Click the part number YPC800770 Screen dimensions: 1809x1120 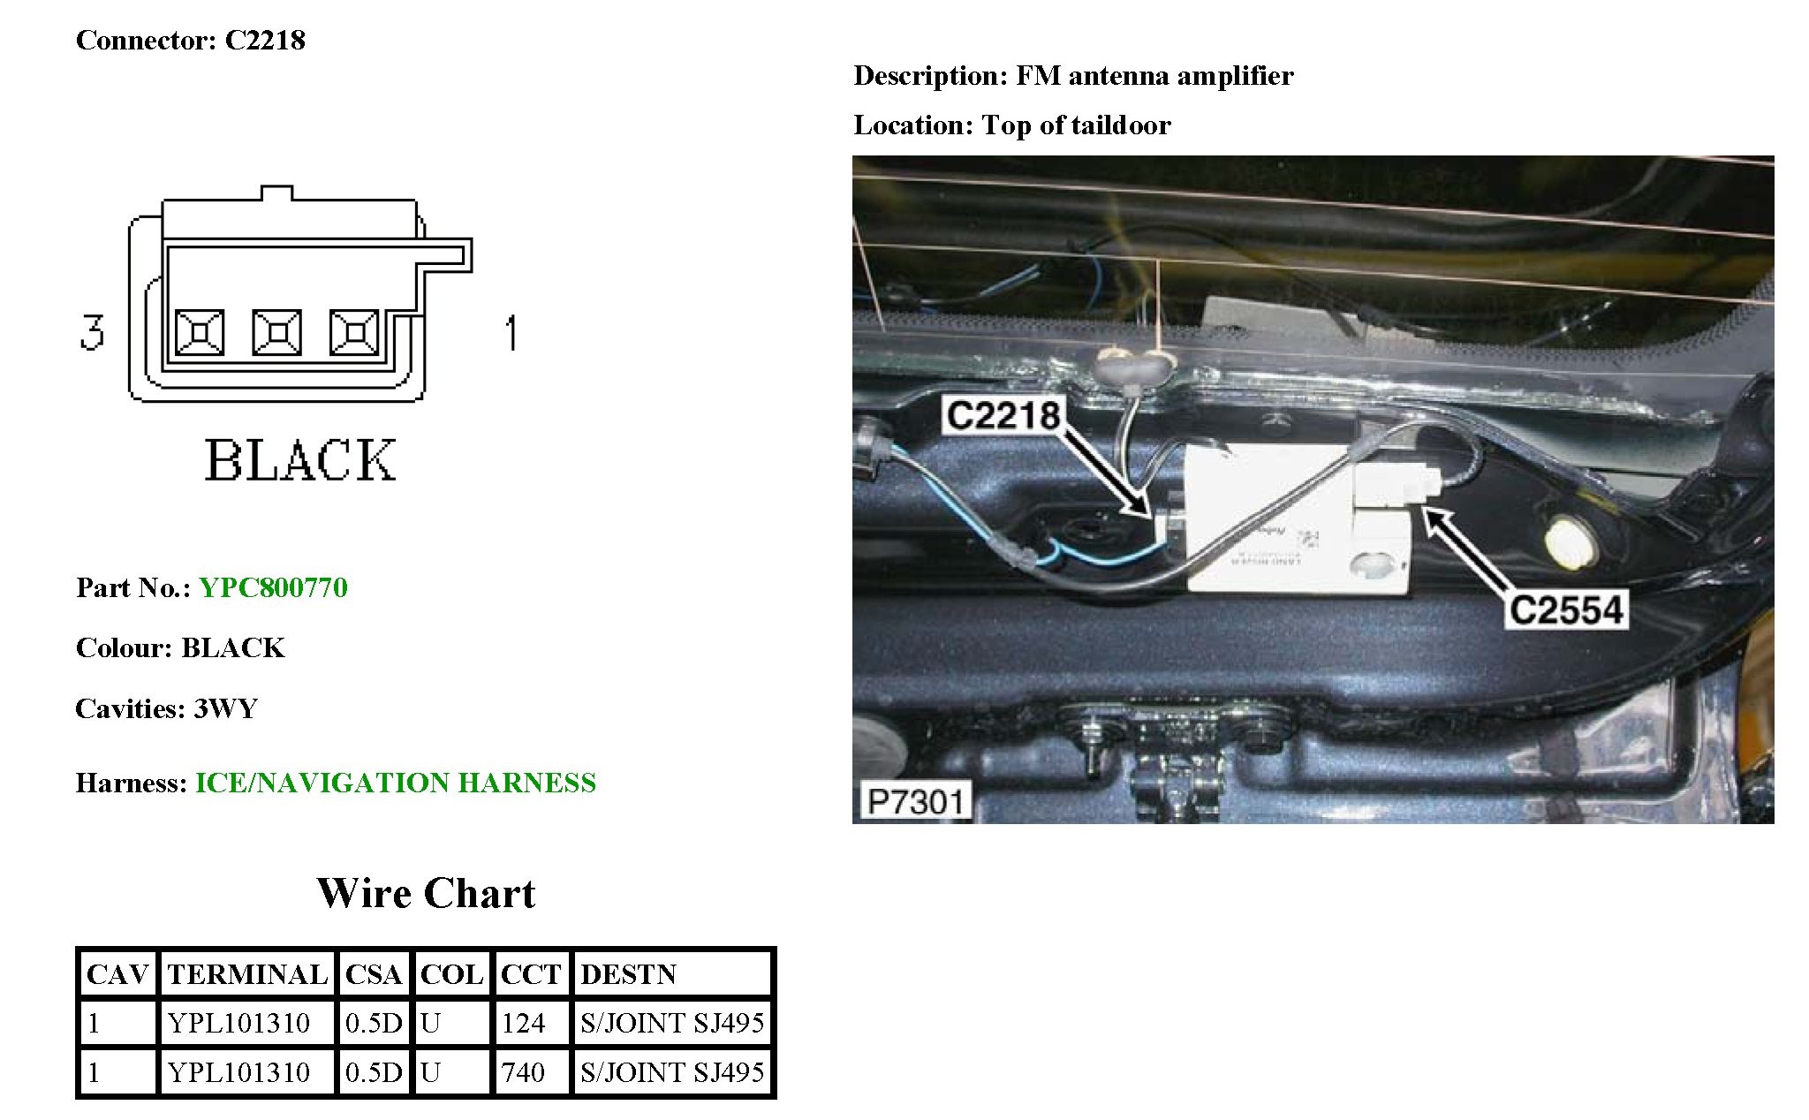(273, 587)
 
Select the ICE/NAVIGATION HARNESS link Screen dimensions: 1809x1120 (395, 783)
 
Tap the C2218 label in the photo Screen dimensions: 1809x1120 (1003, 415)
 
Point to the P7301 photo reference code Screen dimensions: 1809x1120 (914, 802)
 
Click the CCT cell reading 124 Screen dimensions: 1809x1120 (524, 1023)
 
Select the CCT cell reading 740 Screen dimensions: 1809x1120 (524, 1072)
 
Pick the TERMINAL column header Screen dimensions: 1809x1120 (246, 974)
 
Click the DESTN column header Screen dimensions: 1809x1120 (628, 974)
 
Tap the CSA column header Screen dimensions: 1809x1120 (373, 974)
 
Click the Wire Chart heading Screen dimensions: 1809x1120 (426, 893)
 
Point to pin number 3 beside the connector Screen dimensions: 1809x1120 (92, 332)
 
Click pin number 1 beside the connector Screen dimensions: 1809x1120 (511, 333)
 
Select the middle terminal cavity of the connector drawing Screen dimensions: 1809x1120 (277, 332)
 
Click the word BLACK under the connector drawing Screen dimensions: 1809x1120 (300, 460)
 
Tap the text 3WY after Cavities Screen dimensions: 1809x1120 (225, 708)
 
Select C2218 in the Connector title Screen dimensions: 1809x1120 (265, 41)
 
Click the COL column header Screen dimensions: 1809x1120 (451, 974)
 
